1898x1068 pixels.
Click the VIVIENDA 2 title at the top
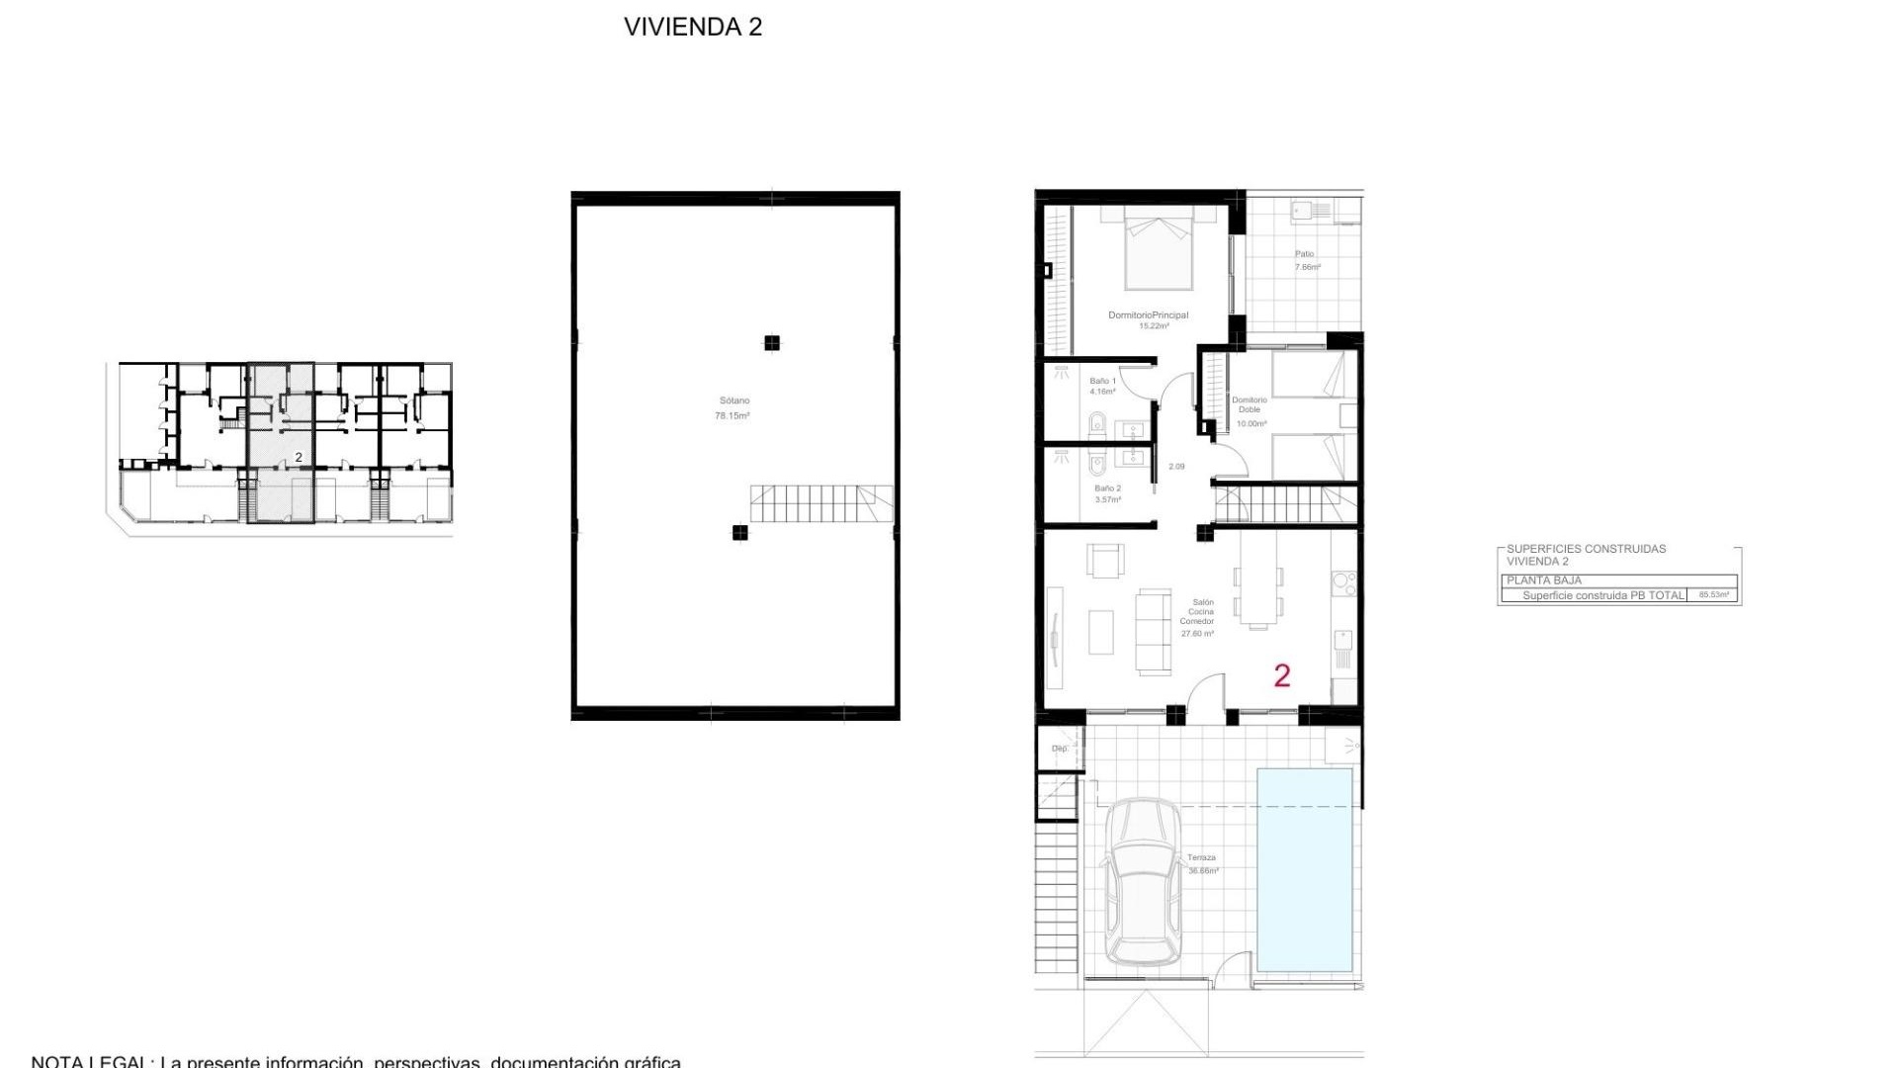tap(693, 27)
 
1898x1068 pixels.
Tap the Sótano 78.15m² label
tap(733, 408)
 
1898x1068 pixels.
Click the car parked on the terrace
tap(1143, 882)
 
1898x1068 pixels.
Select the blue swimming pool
tap(1304, 869)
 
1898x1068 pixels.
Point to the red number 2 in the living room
tap(1282, 675)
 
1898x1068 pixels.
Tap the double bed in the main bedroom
tap(1159, 247)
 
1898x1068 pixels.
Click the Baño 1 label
tap(1102, 386)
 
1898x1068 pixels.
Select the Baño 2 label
tap(1107, 493)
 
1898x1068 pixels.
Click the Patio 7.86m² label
tap(1307, 260)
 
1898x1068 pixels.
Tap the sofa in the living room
tap(1153, 631)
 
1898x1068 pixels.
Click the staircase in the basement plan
tap(820, 503)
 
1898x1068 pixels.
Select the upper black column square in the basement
tap(771, 343)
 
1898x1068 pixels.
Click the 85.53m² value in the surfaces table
tap(1713, 595)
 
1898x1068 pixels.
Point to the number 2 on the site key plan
tap(299, 458)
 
